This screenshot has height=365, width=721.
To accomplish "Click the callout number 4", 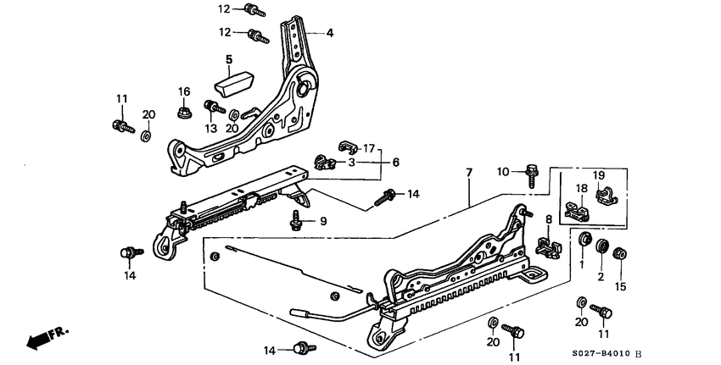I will pyautogui.click(x=331, y=33).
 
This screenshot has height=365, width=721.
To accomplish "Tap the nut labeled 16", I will pyautogui.click(x=182, y=110).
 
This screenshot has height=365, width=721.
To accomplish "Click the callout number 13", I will pyautogui.click(x=210, y=128).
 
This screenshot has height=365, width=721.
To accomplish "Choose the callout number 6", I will pyautogui.click(x=394, y=163).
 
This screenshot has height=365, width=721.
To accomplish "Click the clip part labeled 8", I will pyautogui.click(x=549, y=245).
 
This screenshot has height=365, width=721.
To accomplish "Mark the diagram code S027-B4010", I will pyautogui.click(x=612, y=355).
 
